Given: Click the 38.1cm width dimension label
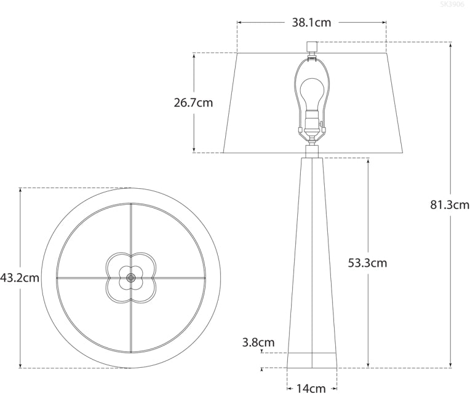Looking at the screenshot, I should [311, 23].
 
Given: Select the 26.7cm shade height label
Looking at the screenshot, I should [193, 103].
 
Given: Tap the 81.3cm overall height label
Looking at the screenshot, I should [450, 205].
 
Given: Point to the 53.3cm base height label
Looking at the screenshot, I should [367, 263].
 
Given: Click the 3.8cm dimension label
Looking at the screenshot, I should [259, 343].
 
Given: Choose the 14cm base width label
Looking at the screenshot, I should [311, 388].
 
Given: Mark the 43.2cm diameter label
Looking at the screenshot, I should [20, 277].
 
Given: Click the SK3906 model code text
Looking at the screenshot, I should [453, 4].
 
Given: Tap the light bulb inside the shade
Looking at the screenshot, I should [313, 92].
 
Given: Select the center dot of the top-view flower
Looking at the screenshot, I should [130, 277].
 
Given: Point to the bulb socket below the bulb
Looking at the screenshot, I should [313, 120].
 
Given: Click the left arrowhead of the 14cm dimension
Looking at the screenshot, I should [289, 388].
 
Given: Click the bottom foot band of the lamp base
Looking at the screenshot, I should [312, 360].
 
